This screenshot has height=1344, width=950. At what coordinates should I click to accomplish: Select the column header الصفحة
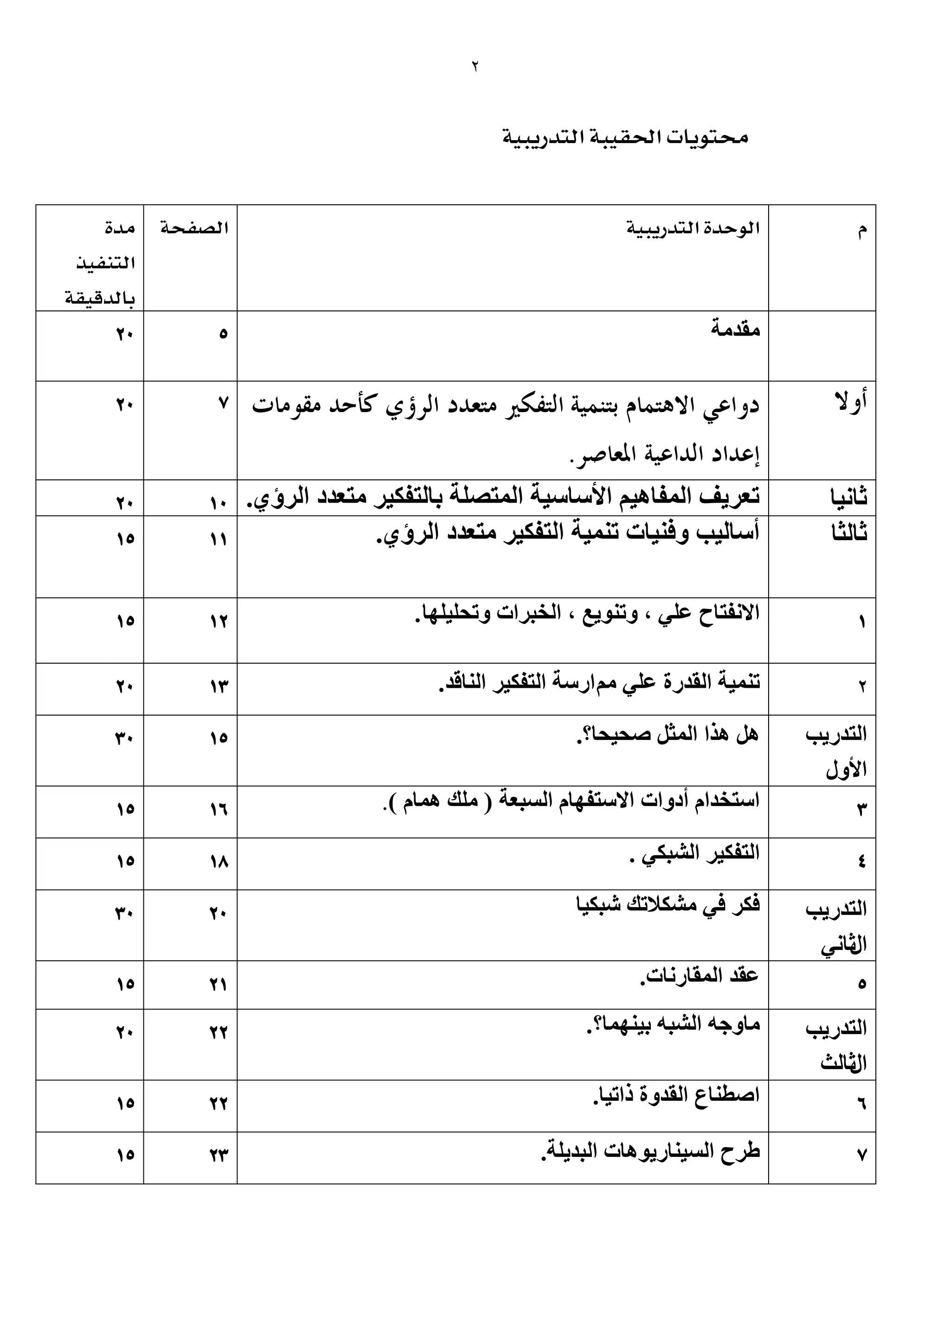(194, 228)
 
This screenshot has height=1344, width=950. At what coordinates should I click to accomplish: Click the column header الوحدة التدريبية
(693, 228)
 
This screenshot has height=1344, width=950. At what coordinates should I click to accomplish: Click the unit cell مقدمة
(735, 330)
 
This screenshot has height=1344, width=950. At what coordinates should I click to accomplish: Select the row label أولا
(851, 403)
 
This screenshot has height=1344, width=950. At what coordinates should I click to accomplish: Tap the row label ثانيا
(849, 498)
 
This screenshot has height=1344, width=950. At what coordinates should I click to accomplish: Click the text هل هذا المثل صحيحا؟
(667, 734)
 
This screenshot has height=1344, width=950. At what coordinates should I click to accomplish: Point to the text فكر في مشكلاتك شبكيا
(668, 905)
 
